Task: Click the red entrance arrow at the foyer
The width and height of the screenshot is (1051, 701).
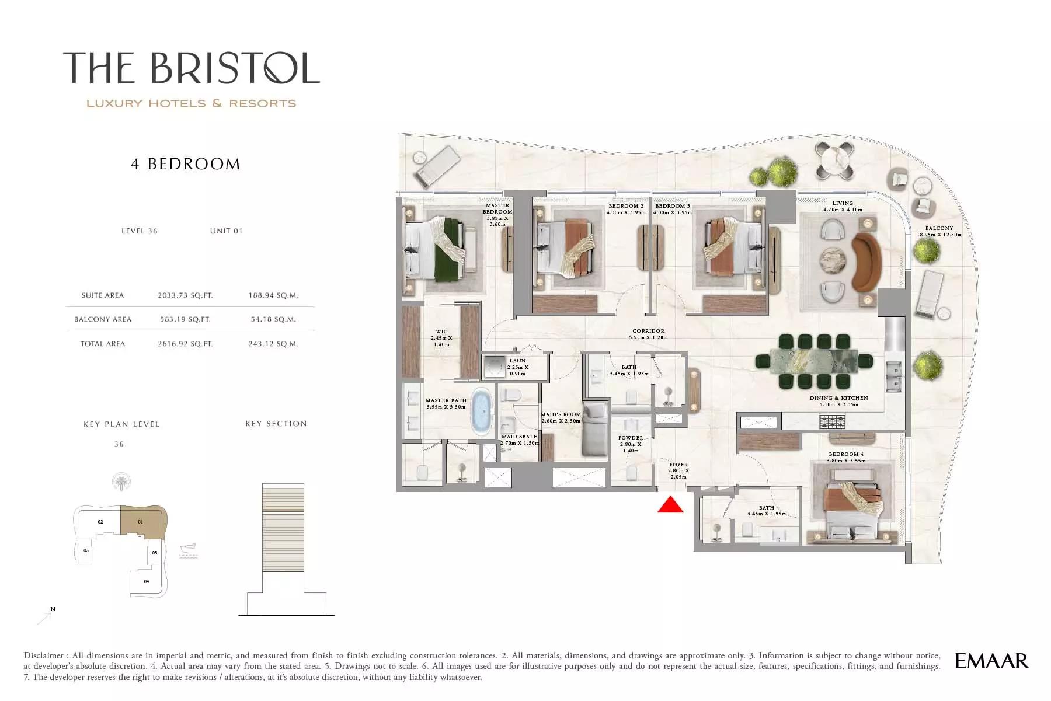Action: [670, 504]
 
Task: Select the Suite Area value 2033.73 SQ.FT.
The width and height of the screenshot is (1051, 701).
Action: [185, 295]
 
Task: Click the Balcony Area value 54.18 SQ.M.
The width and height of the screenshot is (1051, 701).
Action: [273, 319]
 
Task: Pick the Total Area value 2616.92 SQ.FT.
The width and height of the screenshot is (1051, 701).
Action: [185, 344]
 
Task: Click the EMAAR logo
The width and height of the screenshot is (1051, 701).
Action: [991, 661]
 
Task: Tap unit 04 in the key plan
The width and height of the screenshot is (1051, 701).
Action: [146, 581]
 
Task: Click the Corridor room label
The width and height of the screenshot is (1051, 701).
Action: [648, 334]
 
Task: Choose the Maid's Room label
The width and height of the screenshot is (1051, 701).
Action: [561, 418]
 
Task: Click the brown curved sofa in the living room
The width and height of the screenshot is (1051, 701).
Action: [866, 262]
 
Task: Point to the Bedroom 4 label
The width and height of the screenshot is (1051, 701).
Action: [846, 457]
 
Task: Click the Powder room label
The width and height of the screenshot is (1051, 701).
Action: [631, 444]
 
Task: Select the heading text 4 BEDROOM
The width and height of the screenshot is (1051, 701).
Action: [186, 164]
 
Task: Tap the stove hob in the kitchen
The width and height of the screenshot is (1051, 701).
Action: [832, 421]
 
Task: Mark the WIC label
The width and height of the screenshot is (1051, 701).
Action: [441, 338]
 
